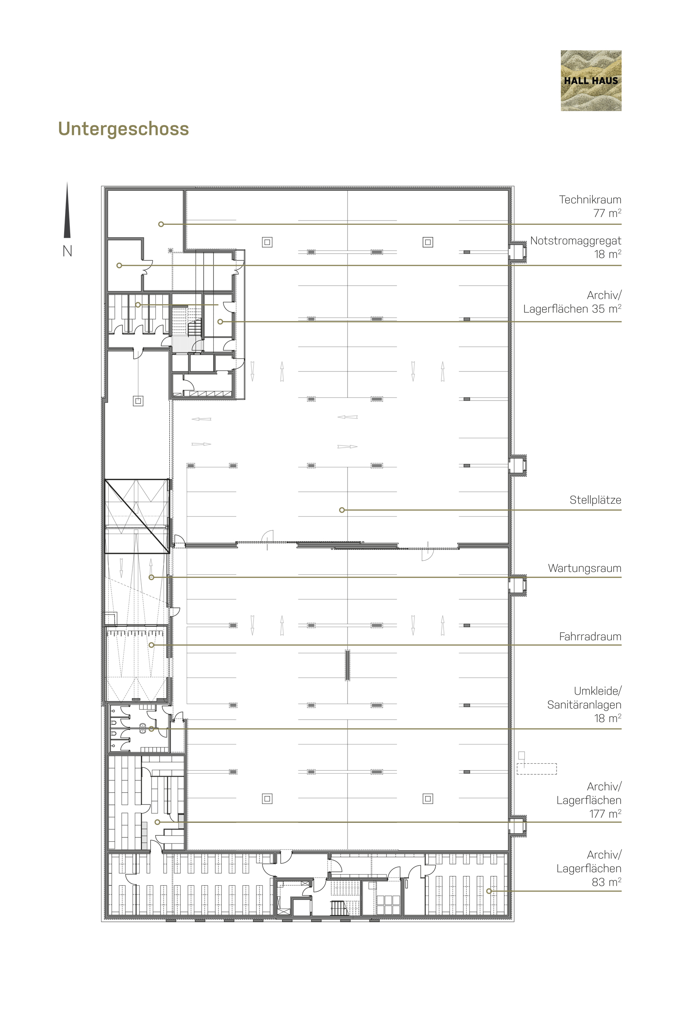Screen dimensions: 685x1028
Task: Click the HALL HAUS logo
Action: click(591, 81)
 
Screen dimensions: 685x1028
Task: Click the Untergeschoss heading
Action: click(124, 129)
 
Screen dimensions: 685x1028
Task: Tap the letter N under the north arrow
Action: click(67, 251)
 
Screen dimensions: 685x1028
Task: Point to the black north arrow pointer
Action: click(67, 210)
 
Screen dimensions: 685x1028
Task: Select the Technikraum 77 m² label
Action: click(590, 206)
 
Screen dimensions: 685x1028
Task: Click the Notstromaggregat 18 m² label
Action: click(576, 248)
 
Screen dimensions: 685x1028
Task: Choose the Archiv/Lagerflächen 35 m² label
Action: click(572, 302)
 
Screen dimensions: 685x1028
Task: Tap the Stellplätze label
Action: click(596, 500)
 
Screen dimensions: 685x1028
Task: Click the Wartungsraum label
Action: click(584, 568)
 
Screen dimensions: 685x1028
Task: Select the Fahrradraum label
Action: click(590, 637)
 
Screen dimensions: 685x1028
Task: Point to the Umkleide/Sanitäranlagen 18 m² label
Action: click(584, 705)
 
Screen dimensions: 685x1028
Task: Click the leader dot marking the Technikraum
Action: click(161, 224)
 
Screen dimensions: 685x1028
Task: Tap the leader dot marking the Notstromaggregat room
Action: click(119, 265)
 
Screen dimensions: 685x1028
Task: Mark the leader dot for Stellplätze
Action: click(342, 510)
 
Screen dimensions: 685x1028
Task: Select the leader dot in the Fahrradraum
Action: click(152, 645)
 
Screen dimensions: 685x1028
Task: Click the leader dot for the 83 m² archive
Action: click(489, 891)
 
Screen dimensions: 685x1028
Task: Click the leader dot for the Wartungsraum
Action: click(152, 577)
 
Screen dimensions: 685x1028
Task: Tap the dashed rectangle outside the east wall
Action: click(537, 769)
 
